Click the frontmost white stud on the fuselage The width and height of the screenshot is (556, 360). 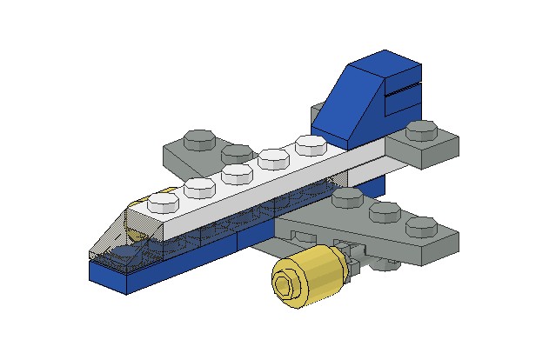tap(162, 202)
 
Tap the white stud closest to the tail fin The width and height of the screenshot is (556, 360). tap(309, 143)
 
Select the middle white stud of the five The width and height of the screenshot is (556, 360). tap(236, 172)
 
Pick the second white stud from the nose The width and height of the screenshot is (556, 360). tap(199, 187)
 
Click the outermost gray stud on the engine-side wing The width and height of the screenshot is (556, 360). tap(421, 226)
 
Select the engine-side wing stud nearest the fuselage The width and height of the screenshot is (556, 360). tap(348, 197)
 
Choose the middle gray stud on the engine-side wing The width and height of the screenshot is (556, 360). tap(384, 211)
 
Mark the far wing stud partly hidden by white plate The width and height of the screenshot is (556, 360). tap(235, 153)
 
